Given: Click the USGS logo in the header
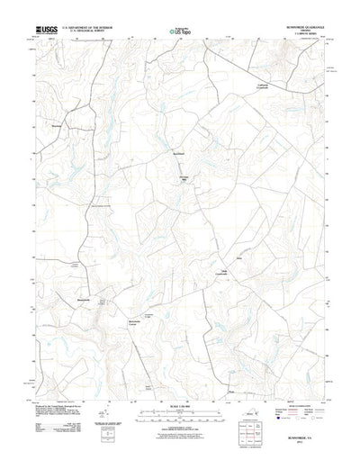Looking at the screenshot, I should click(45, 30).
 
